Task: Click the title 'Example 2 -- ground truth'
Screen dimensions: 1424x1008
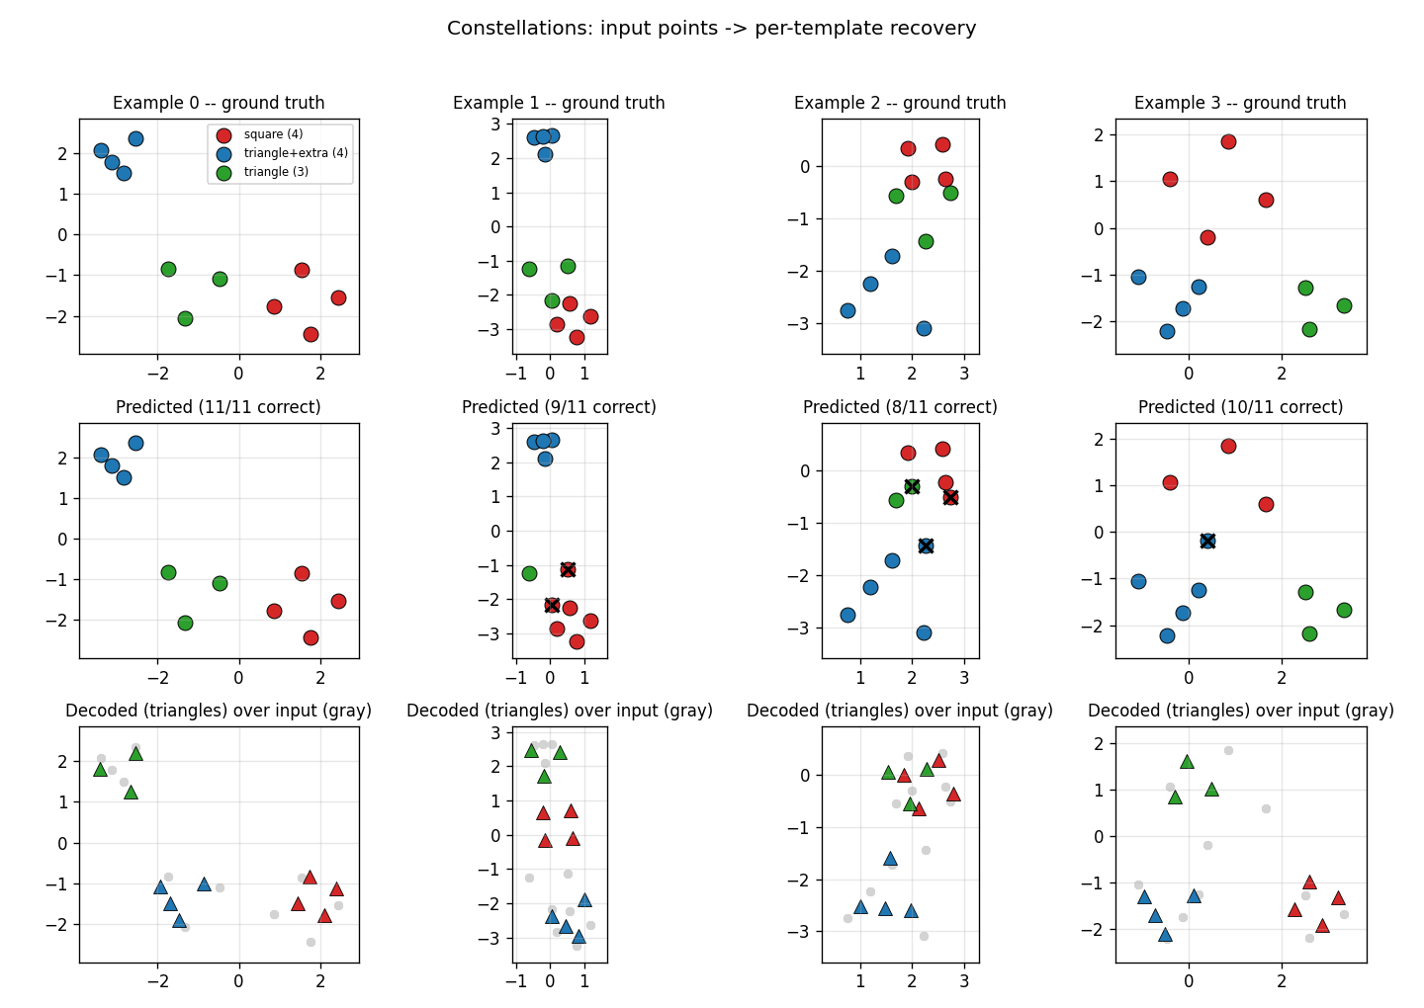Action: pyautogui.click(x=900, y=103)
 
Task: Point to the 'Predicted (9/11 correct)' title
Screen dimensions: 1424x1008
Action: pyautogui.click(x=559, y=407)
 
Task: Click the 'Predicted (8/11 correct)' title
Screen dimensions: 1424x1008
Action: pyautogui.click(x=900, y=407)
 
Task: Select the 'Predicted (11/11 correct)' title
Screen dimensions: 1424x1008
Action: pyautogui.click(x=218, y=407)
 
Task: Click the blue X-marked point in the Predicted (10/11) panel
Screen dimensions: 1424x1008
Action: pyautogui.click(x=1207, y=542)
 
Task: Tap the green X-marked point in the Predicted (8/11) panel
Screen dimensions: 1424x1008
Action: pyautogui.click(x=912, y=486)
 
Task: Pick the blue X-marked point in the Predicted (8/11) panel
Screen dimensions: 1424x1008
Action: pyautogui.click(x=926, y=546)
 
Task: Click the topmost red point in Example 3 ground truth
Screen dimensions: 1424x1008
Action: pyautogui.click(x=1228, y=141)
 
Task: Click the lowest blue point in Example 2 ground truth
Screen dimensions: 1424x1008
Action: pyautogui.click(x=924, y=328)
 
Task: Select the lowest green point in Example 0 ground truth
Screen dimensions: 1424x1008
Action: pyautogui.click(x=185, y=319)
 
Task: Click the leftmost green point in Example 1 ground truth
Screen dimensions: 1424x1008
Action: pyautogui.click(x=529, y=270)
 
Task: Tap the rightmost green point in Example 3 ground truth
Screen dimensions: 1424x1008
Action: pyautogui.click(x=1344, y=306)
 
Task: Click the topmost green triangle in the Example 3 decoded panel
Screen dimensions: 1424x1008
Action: pyautogui.click(x=1187, y=762)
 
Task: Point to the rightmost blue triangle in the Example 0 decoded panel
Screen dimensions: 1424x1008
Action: pyautogui.click(x=204, y=884)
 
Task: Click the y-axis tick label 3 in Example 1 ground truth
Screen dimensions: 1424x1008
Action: pyautogui.click(x=495, y=124)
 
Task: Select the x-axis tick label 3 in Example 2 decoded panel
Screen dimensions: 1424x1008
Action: pyautogui.click(x=964, y=981)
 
